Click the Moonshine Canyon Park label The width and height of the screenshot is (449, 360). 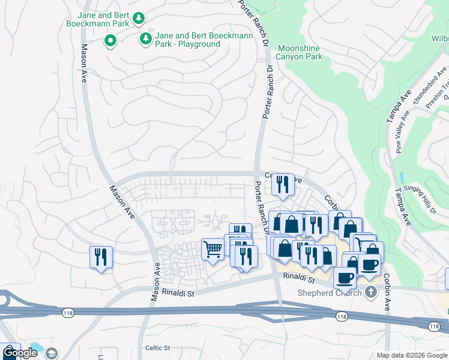(299, 53)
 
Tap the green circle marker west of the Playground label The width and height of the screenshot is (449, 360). (110, 41)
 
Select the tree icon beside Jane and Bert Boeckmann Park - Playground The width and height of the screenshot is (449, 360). (145, 39)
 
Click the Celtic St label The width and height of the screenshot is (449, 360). (158, 348)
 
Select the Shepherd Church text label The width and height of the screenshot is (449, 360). (330, 293)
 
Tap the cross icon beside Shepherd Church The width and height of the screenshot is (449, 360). (371, 292)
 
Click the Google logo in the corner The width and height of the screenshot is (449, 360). (19, 353)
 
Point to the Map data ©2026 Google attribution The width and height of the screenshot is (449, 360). (412, 355)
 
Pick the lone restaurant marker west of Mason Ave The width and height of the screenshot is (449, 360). (101, 257)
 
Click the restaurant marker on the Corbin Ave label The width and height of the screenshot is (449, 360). (283, 185)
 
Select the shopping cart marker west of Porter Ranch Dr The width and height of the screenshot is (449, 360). (212, 249)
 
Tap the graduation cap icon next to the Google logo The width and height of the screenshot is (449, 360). (51, 353)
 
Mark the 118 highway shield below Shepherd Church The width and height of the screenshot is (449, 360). (342, 316)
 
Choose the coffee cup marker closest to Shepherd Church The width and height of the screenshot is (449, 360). (345, 278)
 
